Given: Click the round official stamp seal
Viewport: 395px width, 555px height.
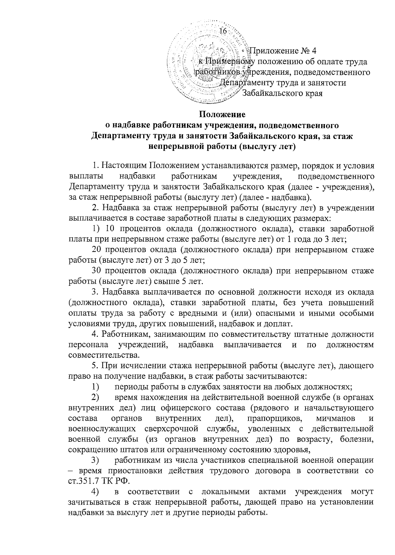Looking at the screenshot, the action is tap(208, 63).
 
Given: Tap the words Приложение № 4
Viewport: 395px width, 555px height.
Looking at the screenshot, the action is tap(282, 51).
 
